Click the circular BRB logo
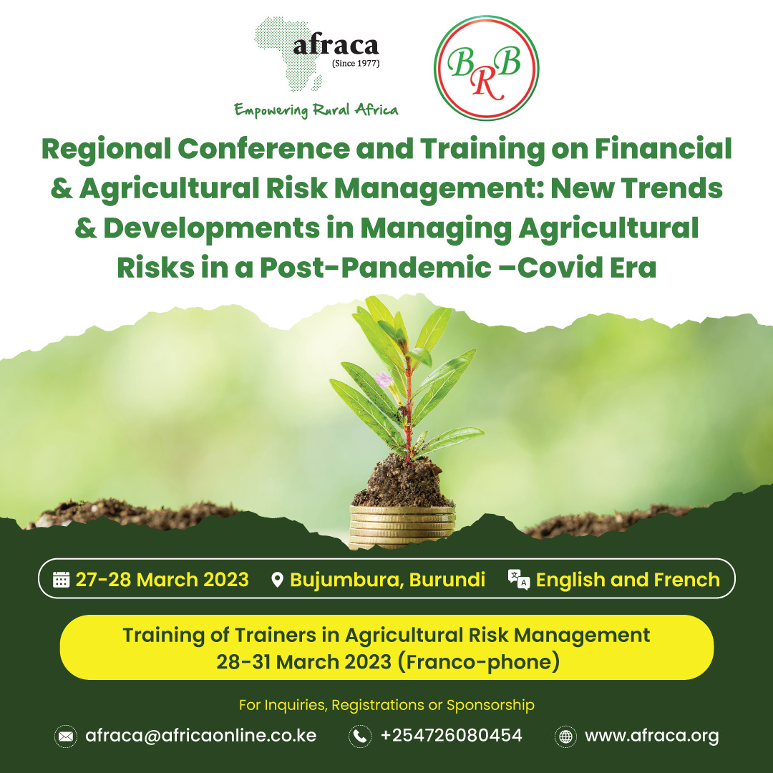(486, 68)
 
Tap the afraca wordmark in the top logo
(336, 46)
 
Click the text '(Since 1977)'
(356, 63)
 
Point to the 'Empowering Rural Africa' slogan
(316, 110)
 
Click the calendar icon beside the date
(61, 580)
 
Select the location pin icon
(278, 580)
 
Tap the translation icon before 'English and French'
(519, 580)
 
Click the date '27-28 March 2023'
(162, 580)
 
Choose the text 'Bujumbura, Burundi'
(387, 580)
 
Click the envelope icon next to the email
(66, 736)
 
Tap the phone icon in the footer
(360, 736)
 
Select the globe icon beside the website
(565, 736)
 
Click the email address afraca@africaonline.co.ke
(200, 736)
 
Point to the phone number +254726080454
(451, 736)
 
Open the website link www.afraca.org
(652, 736)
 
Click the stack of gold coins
(402, 527)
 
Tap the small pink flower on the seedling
(383, 379)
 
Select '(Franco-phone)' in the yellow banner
(479, 661)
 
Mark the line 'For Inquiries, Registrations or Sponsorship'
(386, 705)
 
